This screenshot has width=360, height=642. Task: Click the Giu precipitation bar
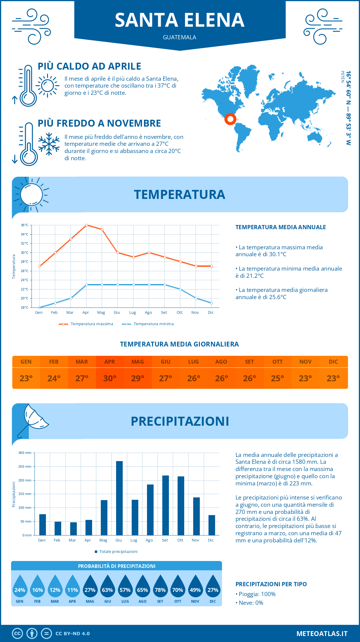tap(119, 498)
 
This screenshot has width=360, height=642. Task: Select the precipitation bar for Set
tap(166, 505)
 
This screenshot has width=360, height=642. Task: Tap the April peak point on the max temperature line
tap(86, 225)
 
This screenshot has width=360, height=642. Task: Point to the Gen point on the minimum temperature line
tap(40, 307)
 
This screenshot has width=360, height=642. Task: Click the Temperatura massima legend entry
tap(86, 324)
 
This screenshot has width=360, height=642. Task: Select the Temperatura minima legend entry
tap(148, 324)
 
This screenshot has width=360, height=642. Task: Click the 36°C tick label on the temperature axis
tap(25, 225)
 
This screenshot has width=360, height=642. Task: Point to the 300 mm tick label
tap(25, 453)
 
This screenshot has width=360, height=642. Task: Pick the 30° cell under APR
tap(110, 378)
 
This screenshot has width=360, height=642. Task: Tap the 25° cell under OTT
tap(277, 378)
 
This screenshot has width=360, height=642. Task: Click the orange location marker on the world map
tap(230, 119)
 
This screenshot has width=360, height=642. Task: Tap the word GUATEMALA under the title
tap(179, 37)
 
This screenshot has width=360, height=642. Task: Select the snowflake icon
tap(49, 144)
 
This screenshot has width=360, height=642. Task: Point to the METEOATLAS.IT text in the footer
tap(322, 634)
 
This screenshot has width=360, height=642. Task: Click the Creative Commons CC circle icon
tap(17, 634)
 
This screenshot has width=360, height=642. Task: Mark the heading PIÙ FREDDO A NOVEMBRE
tap(99, 123)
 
